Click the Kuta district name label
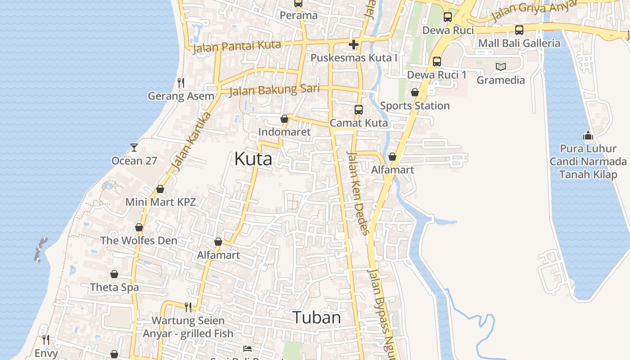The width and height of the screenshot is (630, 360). pyautogui.click(x=253, y=159)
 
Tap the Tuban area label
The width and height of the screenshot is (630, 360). pyautogui.click(x=317, y=318)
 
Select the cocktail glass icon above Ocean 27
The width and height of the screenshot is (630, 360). pyautogui.click(x=134, y=147)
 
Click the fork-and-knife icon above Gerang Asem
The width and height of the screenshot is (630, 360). pyautogui.click(x=181, y=82)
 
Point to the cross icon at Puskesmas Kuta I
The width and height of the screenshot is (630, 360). pyautogui.click(x=354, y=45)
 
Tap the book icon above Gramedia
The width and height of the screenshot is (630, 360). pyautogui.click(x=501, y=67)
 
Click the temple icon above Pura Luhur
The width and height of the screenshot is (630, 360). pyautogui.click(x=588, y=135)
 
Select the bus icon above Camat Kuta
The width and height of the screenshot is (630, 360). pyautogui.click(x=359, y=109)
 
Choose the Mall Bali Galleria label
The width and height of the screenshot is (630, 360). pyautogui.click(x=519, y=43)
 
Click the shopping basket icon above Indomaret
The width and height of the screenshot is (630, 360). pyautogui.click(x=284, y=119)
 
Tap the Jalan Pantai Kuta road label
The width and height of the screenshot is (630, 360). pyautogui.click(x=237, y=46)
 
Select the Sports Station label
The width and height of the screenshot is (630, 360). pyautogui.click(x=414, y=106)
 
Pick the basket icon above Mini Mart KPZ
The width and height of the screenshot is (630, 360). pyautogui.click(x=160, y=189)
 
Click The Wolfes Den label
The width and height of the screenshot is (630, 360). pyautogui.click(x=139, y=240)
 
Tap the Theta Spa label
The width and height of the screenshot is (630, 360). pyautogui.click(x=114, y=287)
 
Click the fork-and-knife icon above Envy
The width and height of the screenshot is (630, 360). pyautogui.click(x=46, y=339)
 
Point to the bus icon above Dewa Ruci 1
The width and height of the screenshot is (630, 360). pyautogui.click(x=437, y=62)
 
